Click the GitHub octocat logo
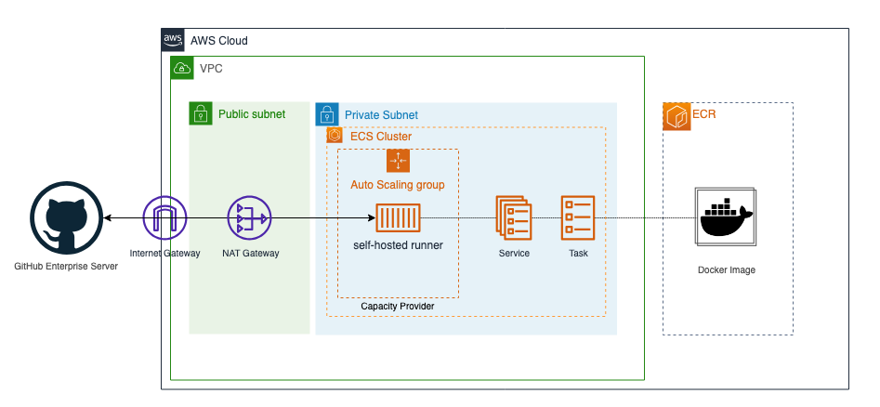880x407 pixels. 67,218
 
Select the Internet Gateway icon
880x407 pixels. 164,217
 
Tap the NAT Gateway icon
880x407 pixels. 249,217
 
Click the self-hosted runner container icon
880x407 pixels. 398,217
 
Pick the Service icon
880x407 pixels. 513,217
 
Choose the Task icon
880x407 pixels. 577,217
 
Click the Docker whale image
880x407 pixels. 726,217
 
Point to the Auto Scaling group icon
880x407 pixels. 398,161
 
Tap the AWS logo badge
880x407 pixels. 173,40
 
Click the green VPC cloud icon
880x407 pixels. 182,68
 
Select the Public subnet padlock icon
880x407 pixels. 201,113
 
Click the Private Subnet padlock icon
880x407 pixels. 327,114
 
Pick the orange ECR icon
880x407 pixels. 676,117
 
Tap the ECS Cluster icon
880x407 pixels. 335,136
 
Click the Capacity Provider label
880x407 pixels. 398,306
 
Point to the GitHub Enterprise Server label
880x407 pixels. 66,266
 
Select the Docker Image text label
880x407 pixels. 727,270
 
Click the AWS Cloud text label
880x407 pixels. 219,41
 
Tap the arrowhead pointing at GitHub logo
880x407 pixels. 107,217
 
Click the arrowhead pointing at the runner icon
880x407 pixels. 372,217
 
